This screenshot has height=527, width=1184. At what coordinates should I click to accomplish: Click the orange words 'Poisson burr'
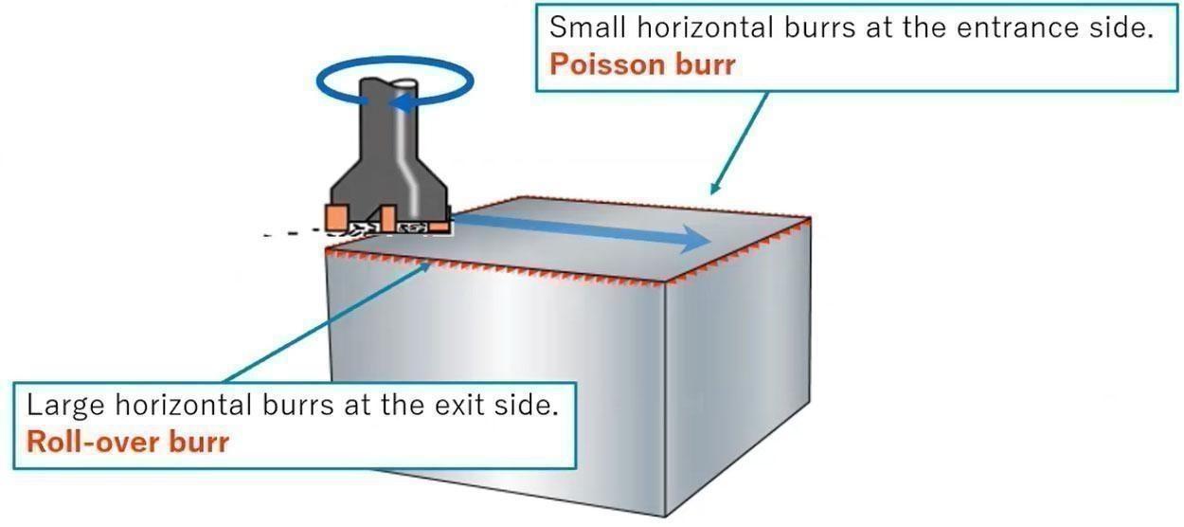tap(642, 64)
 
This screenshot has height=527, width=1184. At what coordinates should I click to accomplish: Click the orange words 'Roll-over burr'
tap(128, 442)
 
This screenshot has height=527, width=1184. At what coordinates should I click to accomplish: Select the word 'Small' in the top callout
tap(588, 27)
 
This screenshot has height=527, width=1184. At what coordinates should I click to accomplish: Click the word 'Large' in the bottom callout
tap(65, 406)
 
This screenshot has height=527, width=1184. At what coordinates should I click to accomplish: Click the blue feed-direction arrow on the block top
tap(582, 228)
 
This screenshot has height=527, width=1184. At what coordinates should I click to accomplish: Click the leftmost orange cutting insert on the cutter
tap(336, 217)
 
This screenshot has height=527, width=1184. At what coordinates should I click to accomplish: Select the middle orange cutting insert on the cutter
tap(388, 219)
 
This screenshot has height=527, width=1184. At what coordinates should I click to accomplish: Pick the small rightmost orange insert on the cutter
tap(439, 227)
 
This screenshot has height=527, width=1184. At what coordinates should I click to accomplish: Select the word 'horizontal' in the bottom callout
tap(184, 406)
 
